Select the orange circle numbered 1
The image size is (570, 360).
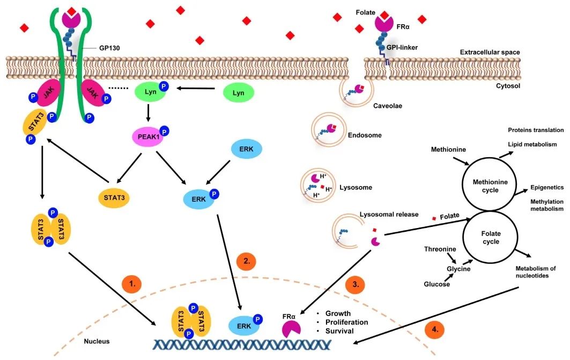132,284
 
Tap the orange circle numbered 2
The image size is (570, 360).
246,261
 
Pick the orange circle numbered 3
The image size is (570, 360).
356,284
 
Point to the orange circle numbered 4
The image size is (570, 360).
435,329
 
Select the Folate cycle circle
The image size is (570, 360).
491,238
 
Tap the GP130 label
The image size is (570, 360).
109,48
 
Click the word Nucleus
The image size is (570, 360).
97,341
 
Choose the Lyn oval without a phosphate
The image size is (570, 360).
238,93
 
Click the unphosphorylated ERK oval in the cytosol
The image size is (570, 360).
246,149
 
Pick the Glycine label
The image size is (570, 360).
458,269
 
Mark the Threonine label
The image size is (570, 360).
440,249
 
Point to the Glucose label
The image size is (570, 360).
436,284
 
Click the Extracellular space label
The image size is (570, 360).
490,52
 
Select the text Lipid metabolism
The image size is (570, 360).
532,144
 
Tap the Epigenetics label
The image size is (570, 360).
547,187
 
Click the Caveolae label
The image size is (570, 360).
388,106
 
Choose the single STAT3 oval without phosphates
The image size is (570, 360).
114,198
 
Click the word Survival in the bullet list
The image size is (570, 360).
339,331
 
